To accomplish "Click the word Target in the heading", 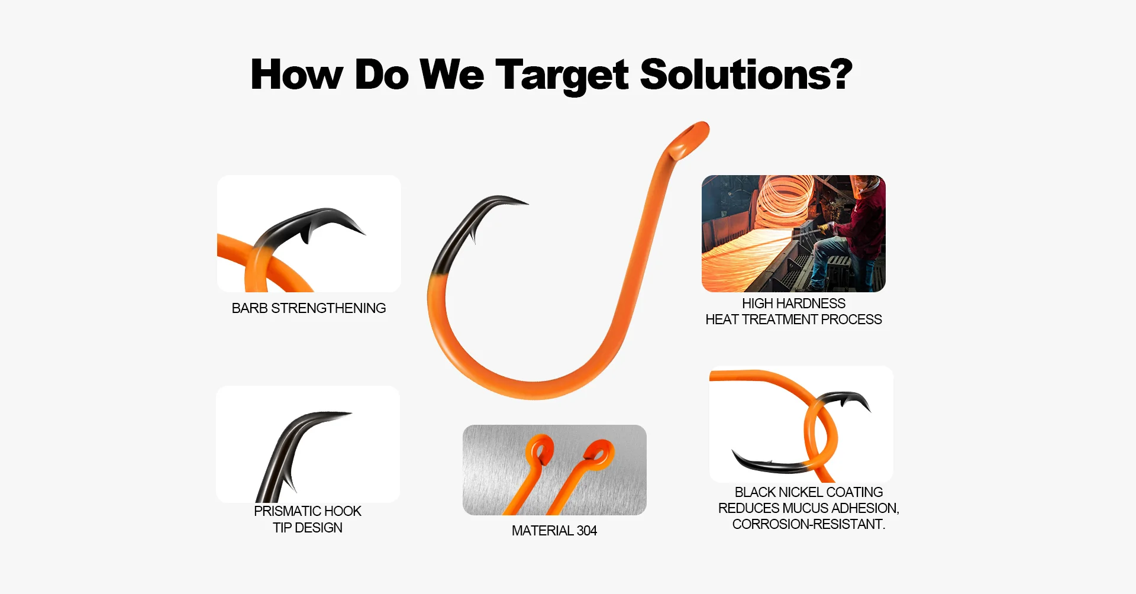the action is [x=562, y=75].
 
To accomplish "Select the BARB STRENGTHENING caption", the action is [x=309, y=308].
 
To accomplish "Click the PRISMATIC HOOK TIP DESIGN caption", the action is [x=308, y=519].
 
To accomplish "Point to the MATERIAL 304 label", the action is [x=554, y=531].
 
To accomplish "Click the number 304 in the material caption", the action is [x=587, y=531].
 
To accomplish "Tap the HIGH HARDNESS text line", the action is [x=794, y=304].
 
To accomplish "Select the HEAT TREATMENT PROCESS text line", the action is [x=794, y=319].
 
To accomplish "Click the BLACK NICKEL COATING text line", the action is [x=809, y=492].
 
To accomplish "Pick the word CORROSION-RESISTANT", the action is [x=809, y=524].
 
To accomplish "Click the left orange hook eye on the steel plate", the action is [x=540, y=451].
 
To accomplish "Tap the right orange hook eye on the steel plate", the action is [x=598, y=454].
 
